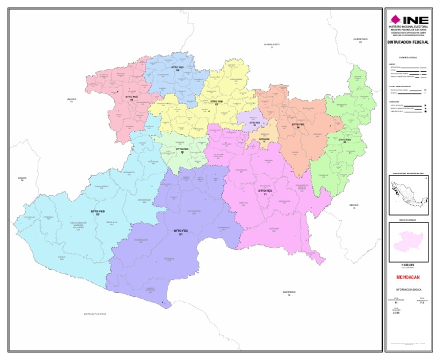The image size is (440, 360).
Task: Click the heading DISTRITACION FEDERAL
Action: (408, 42)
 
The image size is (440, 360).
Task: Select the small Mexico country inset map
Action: (408, 195)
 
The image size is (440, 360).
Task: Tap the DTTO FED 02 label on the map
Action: (98, 213)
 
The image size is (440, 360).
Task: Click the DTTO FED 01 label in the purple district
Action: (181, 232)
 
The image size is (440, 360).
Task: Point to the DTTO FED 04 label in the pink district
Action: (132, 99)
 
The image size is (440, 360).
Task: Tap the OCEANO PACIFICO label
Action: (95, 314)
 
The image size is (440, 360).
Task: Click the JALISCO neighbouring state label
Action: (72, 100)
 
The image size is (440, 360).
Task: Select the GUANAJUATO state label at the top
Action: (272, 45)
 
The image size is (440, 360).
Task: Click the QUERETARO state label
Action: (360, 40)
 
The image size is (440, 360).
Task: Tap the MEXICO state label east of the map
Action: (353, 206)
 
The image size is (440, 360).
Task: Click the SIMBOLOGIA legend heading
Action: (408, 57)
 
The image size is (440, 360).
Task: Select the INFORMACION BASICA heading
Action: (408, 289)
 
